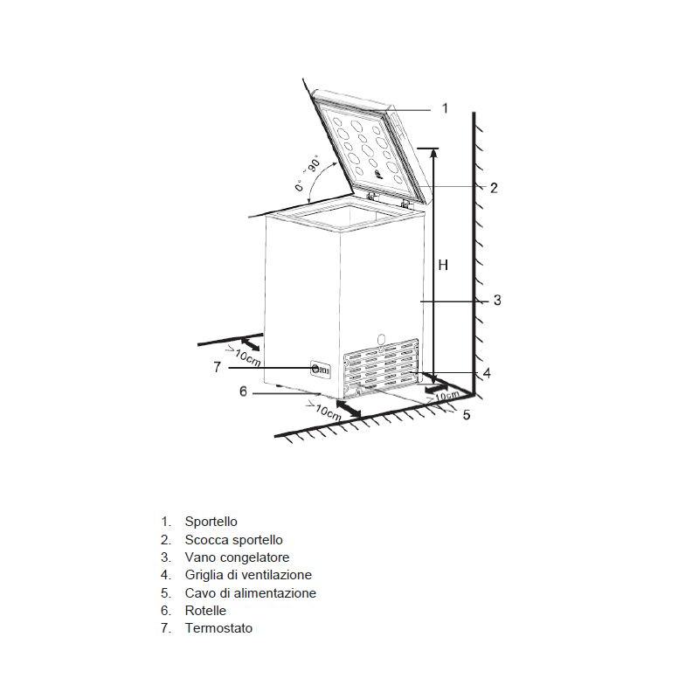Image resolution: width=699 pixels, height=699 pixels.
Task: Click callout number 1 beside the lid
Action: coord(445,108)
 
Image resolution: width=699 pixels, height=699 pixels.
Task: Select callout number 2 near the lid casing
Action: coord(494,187)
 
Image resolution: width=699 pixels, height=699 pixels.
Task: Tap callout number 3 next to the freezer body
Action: coord(496,301)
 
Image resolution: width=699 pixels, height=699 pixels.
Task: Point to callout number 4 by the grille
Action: coord(487,373)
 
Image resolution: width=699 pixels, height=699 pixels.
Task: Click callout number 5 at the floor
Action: coord(467,414)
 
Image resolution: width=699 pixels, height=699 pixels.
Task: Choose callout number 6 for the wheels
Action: coord(244,391)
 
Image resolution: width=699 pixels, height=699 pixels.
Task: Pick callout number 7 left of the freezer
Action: coord(217,368)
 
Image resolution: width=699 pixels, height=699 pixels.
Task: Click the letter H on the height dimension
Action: coord(443,264)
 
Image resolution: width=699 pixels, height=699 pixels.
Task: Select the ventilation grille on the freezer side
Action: coord(382,365)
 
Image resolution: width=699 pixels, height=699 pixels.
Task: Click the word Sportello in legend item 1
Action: coord(211,522)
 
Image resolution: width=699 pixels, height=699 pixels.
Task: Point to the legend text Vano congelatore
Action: coord(237,557)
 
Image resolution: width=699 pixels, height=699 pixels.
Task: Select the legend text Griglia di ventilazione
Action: coord(248,575)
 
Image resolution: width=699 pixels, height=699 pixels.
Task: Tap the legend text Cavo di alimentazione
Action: coord(250,593)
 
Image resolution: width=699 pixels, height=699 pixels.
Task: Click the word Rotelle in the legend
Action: coord(205,611)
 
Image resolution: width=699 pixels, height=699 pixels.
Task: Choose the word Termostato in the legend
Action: coord(218,628)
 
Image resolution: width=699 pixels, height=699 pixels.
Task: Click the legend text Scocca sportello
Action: coord(233,540)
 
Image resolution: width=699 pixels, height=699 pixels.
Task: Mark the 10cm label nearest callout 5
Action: coord(446,396)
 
